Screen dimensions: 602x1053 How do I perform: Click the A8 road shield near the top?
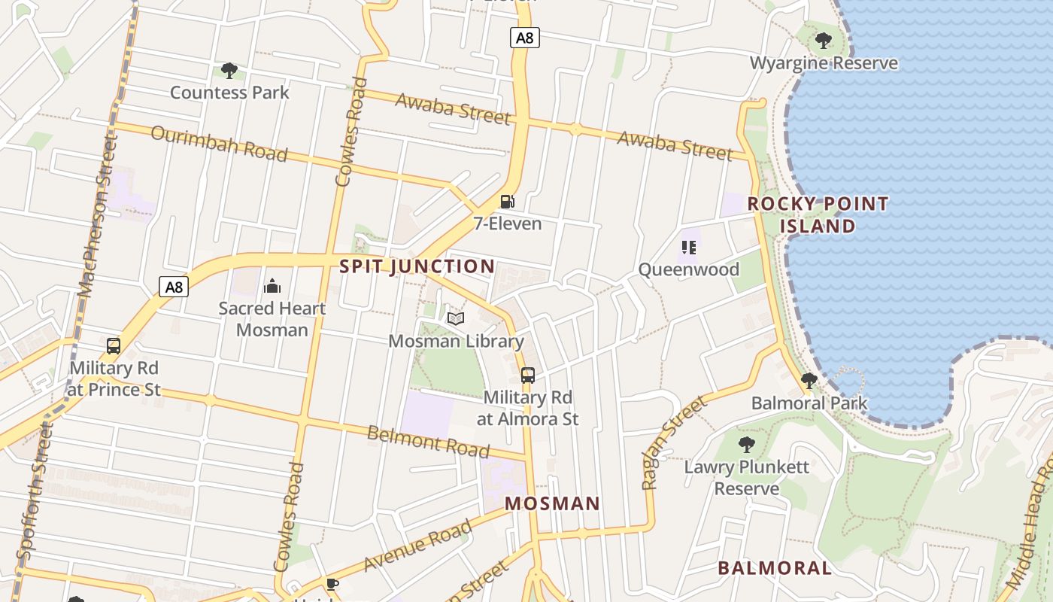pos(525,37)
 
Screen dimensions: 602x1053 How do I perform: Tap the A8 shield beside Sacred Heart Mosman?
pos(174,287)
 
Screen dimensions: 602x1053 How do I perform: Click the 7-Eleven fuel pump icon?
pos(508,202)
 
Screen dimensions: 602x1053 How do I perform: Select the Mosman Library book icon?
pos(456,319)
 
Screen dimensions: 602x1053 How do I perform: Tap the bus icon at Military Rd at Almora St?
pos(528,375)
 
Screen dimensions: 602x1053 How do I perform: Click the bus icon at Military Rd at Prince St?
pos(114,346)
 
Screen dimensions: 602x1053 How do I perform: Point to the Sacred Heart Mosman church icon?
pos(272,286)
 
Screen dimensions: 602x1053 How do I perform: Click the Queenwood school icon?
pos(688,247)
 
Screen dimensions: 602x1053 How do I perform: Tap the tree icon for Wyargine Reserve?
pos(824,41)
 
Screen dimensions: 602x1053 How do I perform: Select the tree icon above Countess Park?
pos(229,71)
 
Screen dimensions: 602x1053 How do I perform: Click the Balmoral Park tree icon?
pos(809,381)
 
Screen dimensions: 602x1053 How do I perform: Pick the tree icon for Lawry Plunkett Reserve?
pos(746,445)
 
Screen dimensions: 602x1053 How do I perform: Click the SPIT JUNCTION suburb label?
pos(417,266)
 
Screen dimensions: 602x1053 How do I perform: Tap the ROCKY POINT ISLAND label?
pos(818,215)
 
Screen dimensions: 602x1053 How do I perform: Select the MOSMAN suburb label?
pos(552,503)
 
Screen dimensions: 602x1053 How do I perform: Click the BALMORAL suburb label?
pos(775,568)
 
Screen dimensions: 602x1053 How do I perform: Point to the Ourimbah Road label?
pos(219,144)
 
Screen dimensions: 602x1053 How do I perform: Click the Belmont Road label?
pos(428,442)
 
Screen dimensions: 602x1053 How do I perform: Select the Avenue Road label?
pos(418,545)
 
